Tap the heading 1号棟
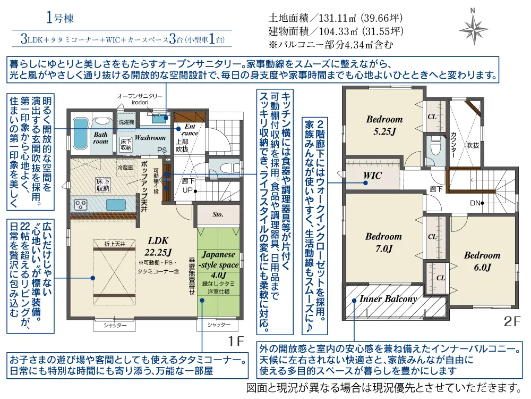(x=59, y=18)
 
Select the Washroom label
(x=150, y=138)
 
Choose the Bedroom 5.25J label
(x=384, y=125)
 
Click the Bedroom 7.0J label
(x=383, y=243)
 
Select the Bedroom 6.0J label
(x=482, y=261)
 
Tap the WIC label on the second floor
(x=373, y=175)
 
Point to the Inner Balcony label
(x=388, y=299)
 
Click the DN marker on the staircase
(x=476, y=203)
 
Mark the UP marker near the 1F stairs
(x=187, y=189)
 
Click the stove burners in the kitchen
(x=82, y=204)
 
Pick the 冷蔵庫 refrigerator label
(x=125, y=167)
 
